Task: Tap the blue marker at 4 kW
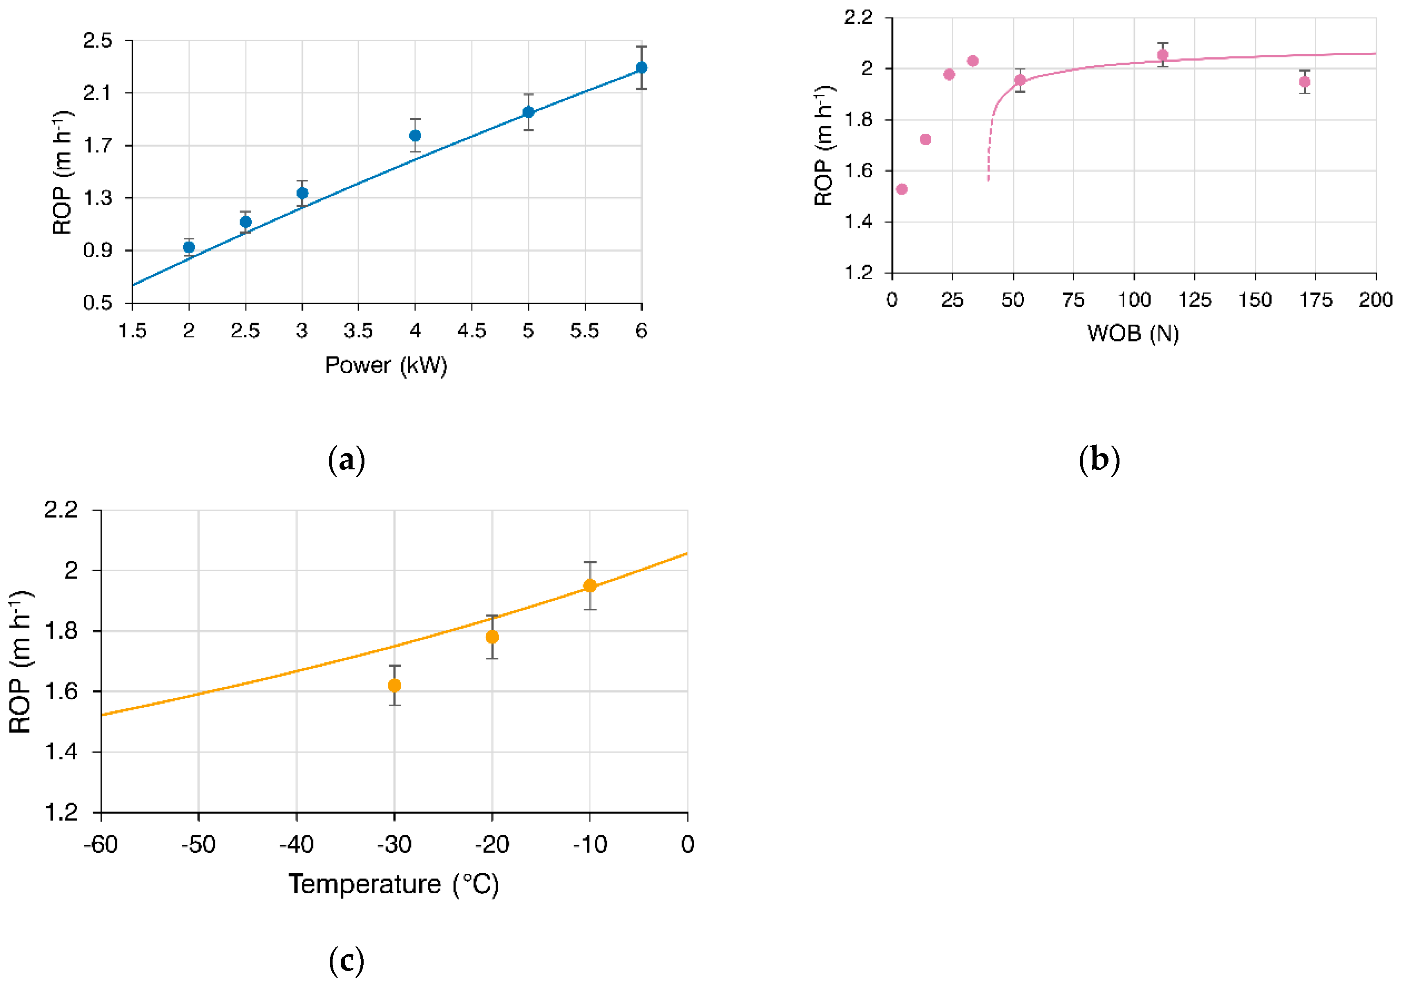pos(415,135)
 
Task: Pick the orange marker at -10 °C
pos(590,585)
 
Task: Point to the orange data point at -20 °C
pos(492,637)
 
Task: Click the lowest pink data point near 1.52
pos(902,189)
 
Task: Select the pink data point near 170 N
pos(1305,82)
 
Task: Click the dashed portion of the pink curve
pos(989,152)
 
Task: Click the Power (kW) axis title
pos(386,365)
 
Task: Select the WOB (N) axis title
pos(1133,333)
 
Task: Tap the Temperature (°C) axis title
pos(393,884)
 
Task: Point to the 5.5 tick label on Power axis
pos(585,331)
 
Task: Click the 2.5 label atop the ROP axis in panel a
pos(98,41)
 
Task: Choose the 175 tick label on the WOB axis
pos(1316,300)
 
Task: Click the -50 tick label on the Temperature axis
pos(198,844)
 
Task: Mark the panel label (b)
pos(1099,459)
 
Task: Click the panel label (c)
pos(346,961)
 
